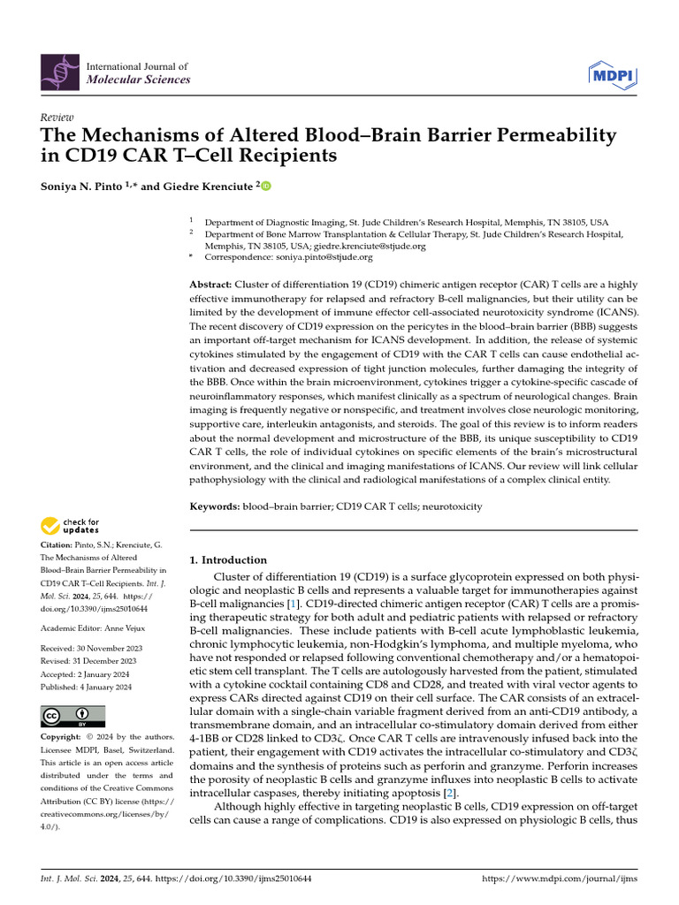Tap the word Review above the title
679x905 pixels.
pos(57,118)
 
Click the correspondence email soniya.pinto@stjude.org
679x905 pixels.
pos(323,257)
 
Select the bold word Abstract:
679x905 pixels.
pos(210,285)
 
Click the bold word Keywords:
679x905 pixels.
pos(215,507)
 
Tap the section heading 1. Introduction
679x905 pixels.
pos(228,560)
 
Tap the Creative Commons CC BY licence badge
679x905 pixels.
pos(72,715)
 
